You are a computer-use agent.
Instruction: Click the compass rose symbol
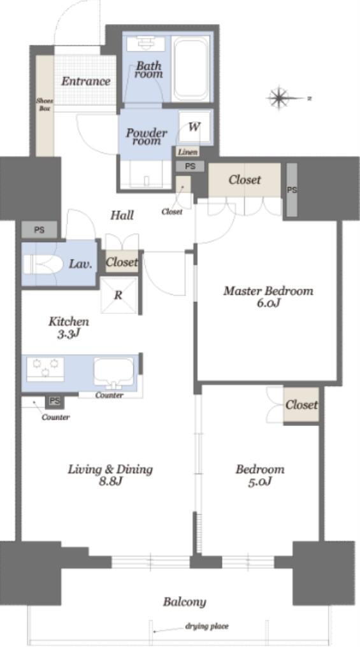pos(280,98)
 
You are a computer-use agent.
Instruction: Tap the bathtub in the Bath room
pos(191,69)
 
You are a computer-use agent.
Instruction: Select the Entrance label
pos(86,81)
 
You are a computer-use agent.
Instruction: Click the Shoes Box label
pos(45,104)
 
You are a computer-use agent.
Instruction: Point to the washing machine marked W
pos(194,127)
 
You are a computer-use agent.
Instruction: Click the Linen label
pos(187,152)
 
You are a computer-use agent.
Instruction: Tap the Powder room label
pos(147,136)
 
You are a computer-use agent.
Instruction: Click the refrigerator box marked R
pos(119,295)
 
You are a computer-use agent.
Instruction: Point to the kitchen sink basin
pos(113,372)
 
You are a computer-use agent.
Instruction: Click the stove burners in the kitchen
pos(45,369)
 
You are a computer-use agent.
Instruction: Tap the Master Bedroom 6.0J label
pos(268,297)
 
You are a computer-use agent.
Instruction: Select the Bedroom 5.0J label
pos(260,475)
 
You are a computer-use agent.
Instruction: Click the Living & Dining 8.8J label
pos(110,475)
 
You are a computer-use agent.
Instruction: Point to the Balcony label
pos(184,602)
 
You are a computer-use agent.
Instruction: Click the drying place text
pos(207,627)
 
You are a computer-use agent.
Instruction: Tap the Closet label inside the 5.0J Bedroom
pos(302,405)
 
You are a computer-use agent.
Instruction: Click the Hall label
pos(122,215)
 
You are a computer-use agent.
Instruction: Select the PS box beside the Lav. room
pos(40,230)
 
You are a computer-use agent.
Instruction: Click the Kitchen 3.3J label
pos(69,327)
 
